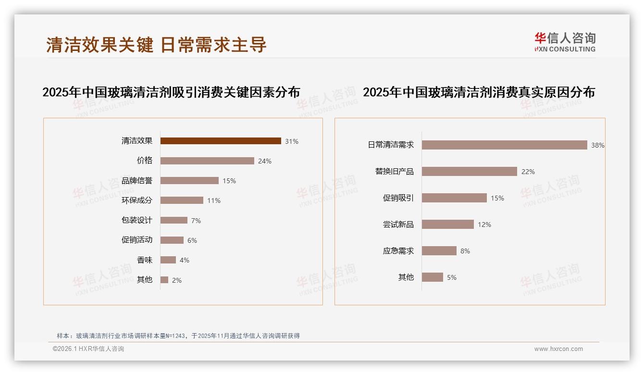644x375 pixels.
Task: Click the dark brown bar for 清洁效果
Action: click(x=221, y=141)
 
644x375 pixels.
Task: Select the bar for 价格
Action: click(x=207, y=161)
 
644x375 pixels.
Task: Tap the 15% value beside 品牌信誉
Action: click(x=229, y=181)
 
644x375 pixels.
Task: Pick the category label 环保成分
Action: click(x=137, y=200)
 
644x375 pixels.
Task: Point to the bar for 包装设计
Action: click(x=174, y=220)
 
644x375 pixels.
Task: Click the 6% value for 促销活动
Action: click(x=192, y=240)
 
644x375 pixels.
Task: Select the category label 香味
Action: click(x=145, y=260)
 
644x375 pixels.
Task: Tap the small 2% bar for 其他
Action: click(x=164, y=280)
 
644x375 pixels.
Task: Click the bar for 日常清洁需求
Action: click(x=505, y=145)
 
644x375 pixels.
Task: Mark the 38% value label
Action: click(x=598, y=145)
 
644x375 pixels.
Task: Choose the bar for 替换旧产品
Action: click(x=470, y=172)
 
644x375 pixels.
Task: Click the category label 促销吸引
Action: click(x=398, y=198)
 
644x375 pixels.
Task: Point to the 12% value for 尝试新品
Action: click(x=484, y=225)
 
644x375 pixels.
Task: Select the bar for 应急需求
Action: click(x=439, y=251)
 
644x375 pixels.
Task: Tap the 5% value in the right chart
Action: click(x=452, y=277)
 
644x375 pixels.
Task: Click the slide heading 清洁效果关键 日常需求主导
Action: click(x=156, y=45)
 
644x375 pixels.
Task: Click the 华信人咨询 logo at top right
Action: click(x=565, y=42)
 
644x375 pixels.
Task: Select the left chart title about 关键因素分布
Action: click(x=171, y=92)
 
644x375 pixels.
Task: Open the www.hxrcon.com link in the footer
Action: click(x=558, y=349)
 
